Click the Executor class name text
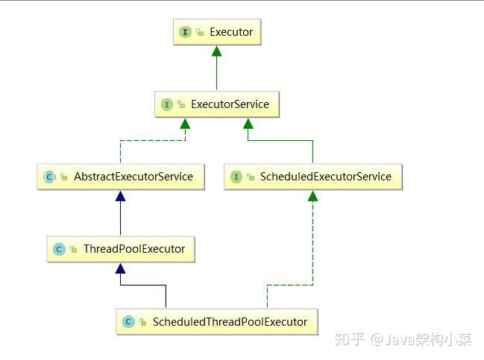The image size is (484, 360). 231,32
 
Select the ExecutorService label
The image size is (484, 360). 230,104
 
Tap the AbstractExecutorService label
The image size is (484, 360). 133,177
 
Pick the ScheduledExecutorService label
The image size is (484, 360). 325,177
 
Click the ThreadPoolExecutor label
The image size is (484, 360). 134,249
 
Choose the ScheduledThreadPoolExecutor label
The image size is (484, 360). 230,322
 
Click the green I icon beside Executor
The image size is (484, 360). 185,32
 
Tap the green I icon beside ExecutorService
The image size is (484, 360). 166,104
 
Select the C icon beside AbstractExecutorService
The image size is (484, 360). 49,177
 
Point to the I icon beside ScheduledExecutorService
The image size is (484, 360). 236,177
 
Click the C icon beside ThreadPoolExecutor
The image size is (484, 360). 59,249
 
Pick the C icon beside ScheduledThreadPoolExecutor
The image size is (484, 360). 128,322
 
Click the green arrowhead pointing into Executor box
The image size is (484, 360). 217,51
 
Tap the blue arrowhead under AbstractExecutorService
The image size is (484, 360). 120,196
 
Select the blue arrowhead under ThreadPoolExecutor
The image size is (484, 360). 120,268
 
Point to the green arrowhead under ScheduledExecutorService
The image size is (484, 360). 313,196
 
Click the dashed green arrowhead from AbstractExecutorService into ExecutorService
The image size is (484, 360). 185,123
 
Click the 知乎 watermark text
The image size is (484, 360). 350,340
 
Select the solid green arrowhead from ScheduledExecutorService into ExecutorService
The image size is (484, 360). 248,123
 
